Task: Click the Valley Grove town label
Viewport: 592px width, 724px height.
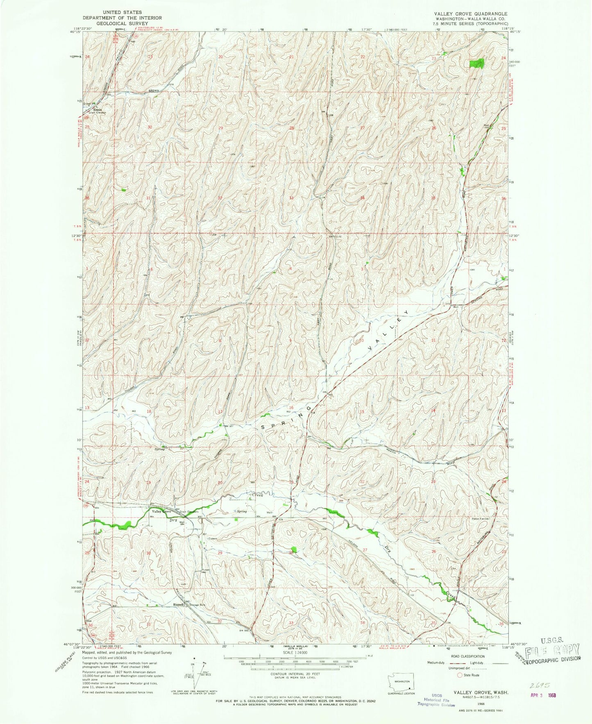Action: coord(161,512)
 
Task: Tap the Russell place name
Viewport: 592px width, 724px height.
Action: coord(178,604)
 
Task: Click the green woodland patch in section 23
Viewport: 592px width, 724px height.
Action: coord(476,63)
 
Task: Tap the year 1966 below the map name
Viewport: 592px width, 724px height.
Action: coord(481,703)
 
